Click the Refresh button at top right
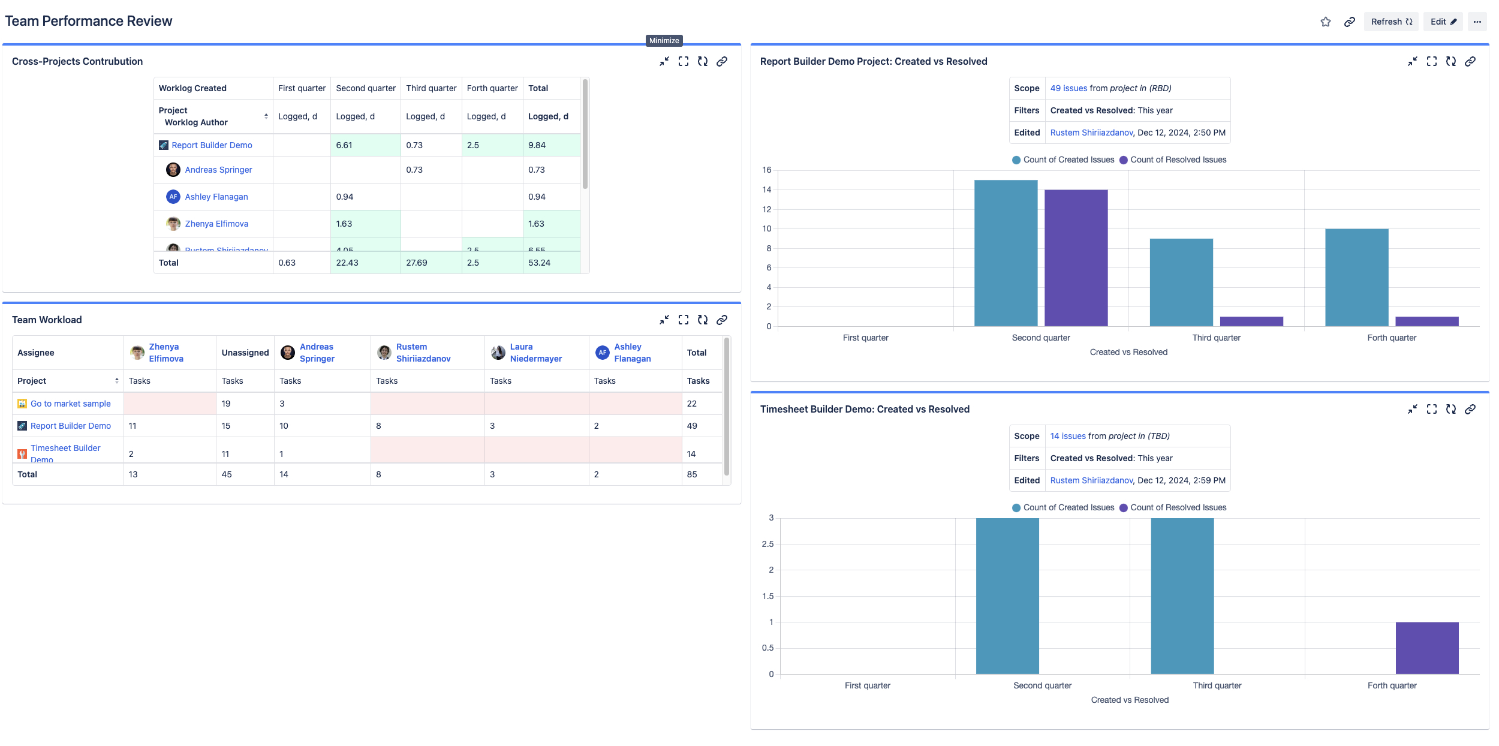pos(1391,22)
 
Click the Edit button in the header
pos(1443,22)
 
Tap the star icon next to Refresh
pos(1326,22)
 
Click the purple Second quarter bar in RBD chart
pos(1076,258)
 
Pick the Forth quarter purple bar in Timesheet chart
pos(1426,648)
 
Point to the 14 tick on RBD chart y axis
pos(767,189)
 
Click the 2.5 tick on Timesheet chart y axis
pos(767,544)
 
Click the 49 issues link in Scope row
pos(1068,88)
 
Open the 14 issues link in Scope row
pos(1068,436)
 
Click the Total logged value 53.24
pos(539,263)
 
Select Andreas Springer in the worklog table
pos(218,170)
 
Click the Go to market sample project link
pos(71,404)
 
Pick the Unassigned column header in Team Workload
pos(245,353)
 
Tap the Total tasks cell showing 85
pos(692,474)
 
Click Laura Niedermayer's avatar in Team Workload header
pos(498,353)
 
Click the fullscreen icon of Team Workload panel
pos(684,320)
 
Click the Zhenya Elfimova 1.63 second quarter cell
pos(344,224)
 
